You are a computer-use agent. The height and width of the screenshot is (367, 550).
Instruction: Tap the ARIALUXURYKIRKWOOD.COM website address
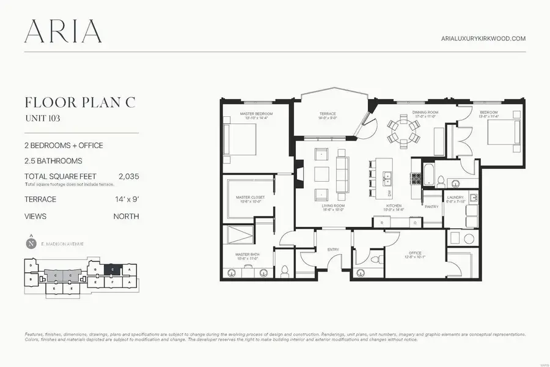483,39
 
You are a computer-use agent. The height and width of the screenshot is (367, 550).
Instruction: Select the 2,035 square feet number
128,176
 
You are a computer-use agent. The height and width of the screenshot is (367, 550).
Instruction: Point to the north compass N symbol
31,243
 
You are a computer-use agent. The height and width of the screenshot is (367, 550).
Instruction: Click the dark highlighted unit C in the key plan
112,269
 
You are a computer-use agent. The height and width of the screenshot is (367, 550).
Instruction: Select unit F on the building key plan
113,283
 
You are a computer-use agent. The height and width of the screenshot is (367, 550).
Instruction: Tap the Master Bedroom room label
256,114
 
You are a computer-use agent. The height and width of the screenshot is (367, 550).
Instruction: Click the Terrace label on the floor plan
328,114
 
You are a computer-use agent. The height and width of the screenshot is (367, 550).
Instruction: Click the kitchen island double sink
387,178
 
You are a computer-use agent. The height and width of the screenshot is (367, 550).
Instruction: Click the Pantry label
432,207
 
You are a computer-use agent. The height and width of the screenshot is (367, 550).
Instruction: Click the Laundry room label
455,198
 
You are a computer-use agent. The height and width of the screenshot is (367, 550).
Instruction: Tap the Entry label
333,250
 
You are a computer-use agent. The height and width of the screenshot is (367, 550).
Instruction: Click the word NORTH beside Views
126,217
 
